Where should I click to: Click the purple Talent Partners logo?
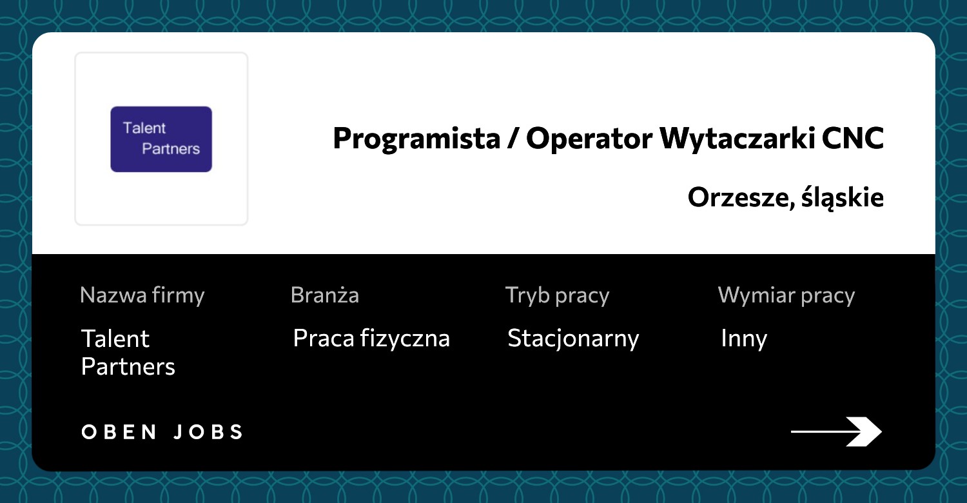(x=161, y=139)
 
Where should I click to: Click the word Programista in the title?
(x=416, y=139)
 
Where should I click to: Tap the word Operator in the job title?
(x=589, y=139)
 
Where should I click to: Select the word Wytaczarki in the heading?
(x=737, y=139)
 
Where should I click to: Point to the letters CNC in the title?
(x=853, y=139)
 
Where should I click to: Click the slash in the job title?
(x=513, y=139)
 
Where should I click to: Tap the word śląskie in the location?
(x=843, y=198)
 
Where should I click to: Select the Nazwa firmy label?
(x=142, y=296)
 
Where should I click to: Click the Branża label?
(x=325, y=295)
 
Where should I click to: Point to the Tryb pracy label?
(x=557, y=296)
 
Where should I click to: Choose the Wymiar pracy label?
(x=786, y=296)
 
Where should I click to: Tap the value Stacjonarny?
(x=573, y=339)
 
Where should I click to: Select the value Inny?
(x=744, y=339)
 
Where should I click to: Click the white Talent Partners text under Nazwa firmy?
(x=128, y=352)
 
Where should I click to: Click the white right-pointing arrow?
(x=836, y=431)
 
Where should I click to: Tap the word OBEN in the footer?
(x=119, y=432)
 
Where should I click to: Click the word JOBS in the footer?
(x=208, y=432)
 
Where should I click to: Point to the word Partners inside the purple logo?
(x=171, y=149)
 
